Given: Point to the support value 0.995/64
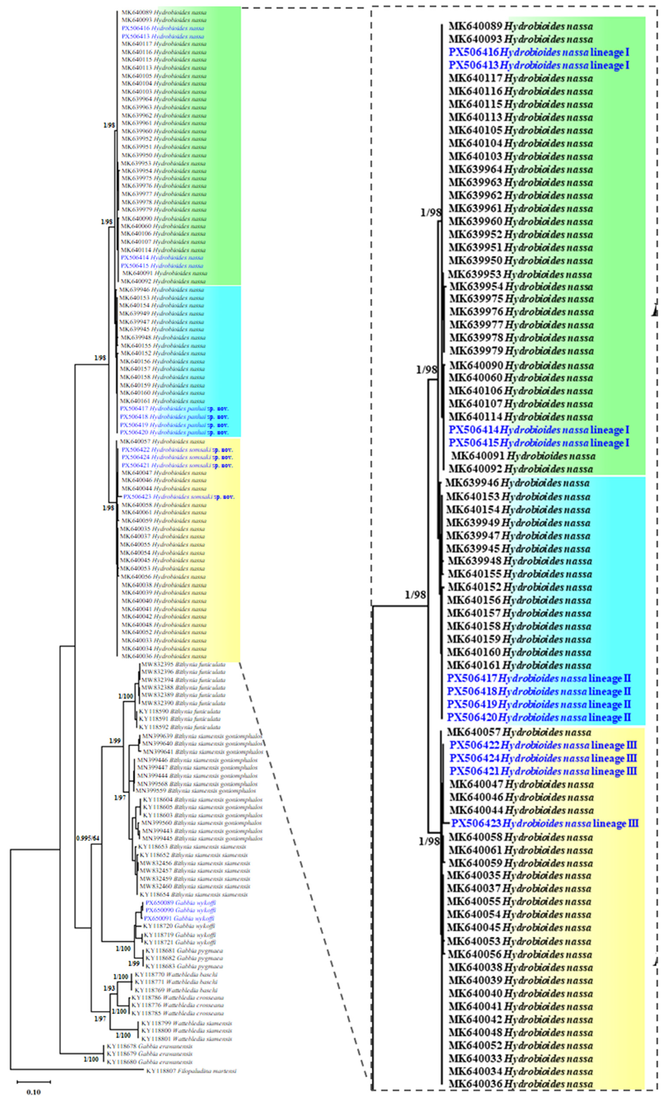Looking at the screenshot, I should (87, 838).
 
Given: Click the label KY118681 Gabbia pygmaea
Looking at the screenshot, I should (184, 950).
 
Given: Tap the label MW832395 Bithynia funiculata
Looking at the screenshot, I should (183, 665).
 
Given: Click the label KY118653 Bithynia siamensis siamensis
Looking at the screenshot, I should (192, 847).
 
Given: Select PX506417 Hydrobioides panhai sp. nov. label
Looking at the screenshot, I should (174, 409).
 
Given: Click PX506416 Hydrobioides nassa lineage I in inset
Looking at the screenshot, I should (539, 52).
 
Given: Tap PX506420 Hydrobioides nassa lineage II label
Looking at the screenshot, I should (539, 718).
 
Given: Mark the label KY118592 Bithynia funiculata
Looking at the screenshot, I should (179, 727).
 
